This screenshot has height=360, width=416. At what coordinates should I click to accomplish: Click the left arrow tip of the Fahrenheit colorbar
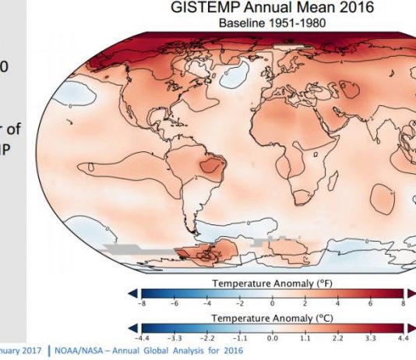pos(129,294)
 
